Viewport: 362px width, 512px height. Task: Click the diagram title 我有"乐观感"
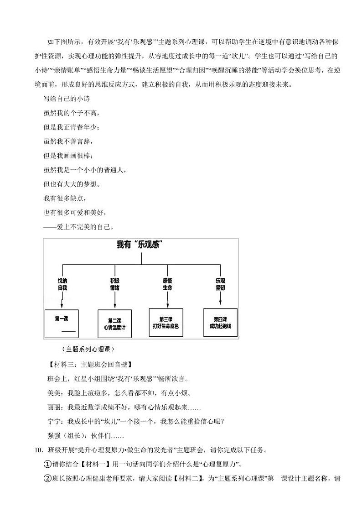pyautogui.click(x=141, y=246)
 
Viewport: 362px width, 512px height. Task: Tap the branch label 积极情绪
pyautogui.click(x=115, y=285)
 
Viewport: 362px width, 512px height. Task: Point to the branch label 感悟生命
pyautogui.click(x=167, y=285)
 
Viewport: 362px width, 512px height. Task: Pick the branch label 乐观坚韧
pyautogui.click(x=220, y=285)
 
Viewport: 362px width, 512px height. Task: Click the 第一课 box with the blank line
pyautogui.click(x=62, y=323)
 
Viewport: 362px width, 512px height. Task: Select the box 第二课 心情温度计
pyautogui.click(x=115, y=324)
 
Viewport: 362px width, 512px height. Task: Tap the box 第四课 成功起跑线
pyautogui.click(x=220, y=322)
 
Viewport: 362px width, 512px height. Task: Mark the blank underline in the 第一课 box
pyautogui.click(x=68, y=331)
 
